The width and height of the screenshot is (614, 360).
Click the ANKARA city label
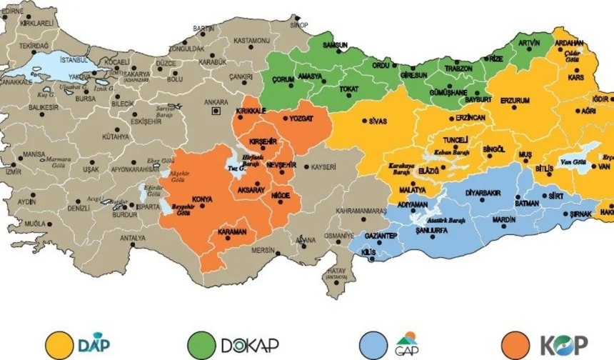[216, 102]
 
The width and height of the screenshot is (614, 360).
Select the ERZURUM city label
[515, 101]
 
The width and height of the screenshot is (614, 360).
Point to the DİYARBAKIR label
[484, 194]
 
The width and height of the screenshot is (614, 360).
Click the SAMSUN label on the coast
[335, 45]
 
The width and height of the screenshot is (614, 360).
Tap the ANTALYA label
[132, 238]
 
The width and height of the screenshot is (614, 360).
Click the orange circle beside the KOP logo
[515, 344]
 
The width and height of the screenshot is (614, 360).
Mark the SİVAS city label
[378, 121]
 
